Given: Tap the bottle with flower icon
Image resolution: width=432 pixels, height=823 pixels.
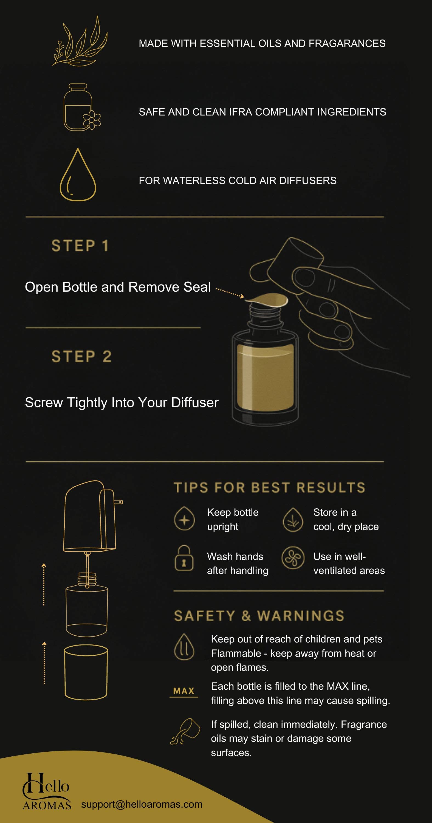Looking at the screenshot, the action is pyautogui.click(x=82, y=107).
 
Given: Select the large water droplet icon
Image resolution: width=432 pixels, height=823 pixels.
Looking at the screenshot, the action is pyautogui.click(x=78, y=174).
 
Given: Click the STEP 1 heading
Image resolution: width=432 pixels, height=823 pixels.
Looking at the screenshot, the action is pyautogui.click(x=80, y=246).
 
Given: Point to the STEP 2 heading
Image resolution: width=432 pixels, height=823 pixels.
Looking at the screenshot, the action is pyautogui.click(x=81, y=356).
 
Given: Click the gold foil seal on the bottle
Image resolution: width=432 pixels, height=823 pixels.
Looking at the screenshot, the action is pyautogui.click(x=267, y=300).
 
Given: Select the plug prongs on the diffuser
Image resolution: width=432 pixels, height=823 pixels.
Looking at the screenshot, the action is pyautogui.click(x=118, y=502).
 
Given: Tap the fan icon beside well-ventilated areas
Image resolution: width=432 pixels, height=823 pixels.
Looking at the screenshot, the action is pyautogui.click(x=293, y=558).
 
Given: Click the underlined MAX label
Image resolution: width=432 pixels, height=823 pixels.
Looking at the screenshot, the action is pyautogui.click(x=184, y=692).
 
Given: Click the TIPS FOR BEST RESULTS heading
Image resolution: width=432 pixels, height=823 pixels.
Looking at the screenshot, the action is pyautogui.click(x=269, y=488).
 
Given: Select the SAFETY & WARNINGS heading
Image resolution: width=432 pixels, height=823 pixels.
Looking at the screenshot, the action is pyautogui.click(x=259, y=616).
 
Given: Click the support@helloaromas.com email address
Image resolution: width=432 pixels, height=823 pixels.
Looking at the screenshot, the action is pyautogui.click(x=142, y=804).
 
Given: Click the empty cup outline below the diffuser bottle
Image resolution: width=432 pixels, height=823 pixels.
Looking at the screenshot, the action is pyautogui.click(x=86, y=672).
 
